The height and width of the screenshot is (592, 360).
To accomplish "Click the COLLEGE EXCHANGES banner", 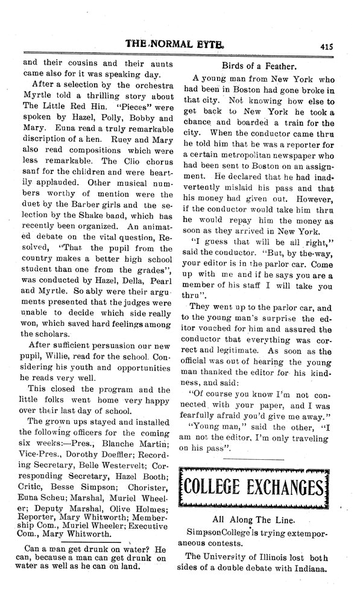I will click(x=258, y=485).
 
